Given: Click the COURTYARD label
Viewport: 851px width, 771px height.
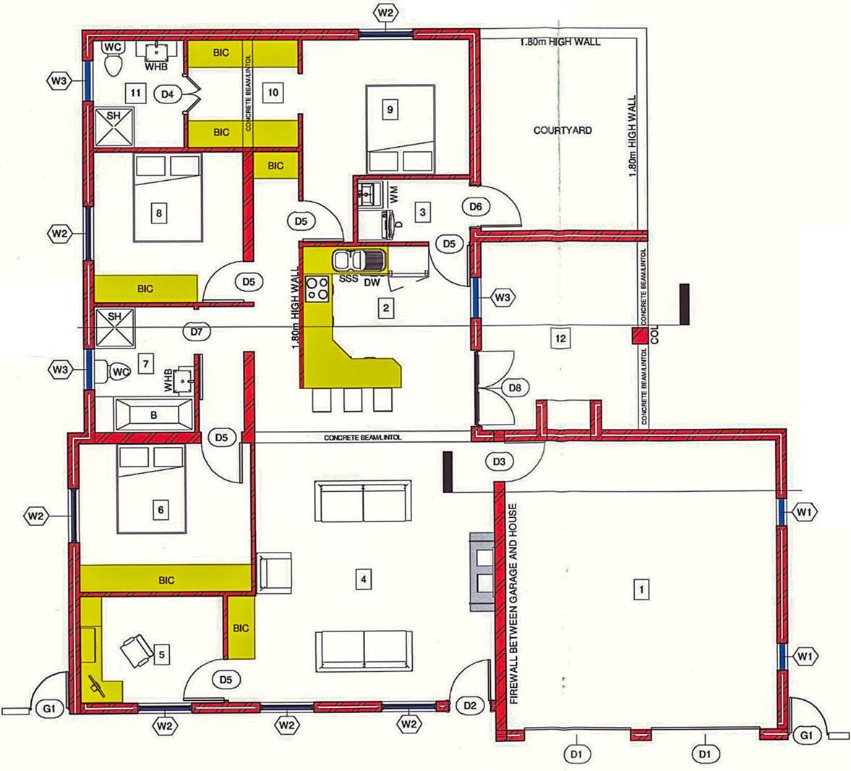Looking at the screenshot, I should (563, 130).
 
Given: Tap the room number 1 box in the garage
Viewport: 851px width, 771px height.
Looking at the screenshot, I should (639, 589).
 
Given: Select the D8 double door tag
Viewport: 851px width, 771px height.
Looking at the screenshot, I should (515, 388).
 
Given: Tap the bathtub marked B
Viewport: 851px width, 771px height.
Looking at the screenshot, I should (153, 415).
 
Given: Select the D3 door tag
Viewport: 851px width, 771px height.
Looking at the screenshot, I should (498, 461).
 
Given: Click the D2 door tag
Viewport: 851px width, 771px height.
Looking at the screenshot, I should (469, 704).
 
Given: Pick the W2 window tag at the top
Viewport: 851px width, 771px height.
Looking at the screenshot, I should (385, 12).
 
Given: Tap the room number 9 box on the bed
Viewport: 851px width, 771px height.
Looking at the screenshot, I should (390, 109).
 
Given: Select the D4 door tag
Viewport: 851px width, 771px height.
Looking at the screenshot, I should (168, 93).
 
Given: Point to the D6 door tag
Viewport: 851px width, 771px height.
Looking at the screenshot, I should (475, 206).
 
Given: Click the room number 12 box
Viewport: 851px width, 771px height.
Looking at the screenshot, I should (558, 337).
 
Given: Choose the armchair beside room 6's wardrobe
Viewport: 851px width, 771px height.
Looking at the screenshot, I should (275, 573).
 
